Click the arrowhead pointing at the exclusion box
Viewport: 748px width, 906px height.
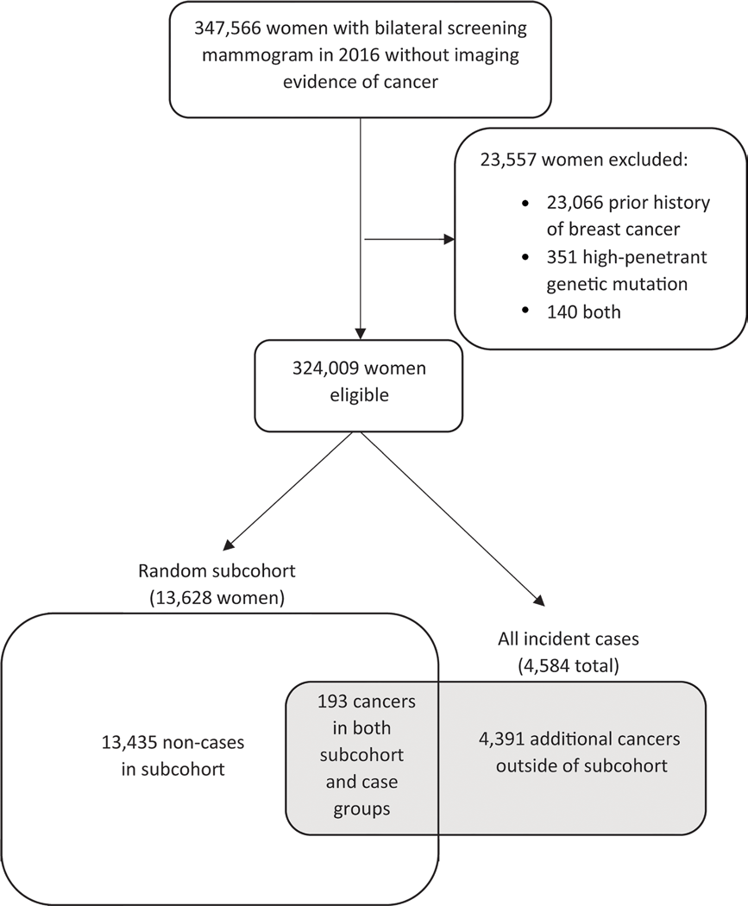pyautogui.click(x=448, y=239)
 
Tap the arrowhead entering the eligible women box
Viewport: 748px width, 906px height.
pyautogui.click(x=360, y=333)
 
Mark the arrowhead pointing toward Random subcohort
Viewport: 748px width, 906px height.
pyautogui.click(x=230, y=544)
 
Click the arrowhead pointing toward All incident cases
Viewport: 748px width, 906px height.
pyautogui.click(x=539, y=601)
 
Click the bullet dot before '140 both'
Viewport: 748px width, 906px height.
pyautogui.click(x=526, y=311)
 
